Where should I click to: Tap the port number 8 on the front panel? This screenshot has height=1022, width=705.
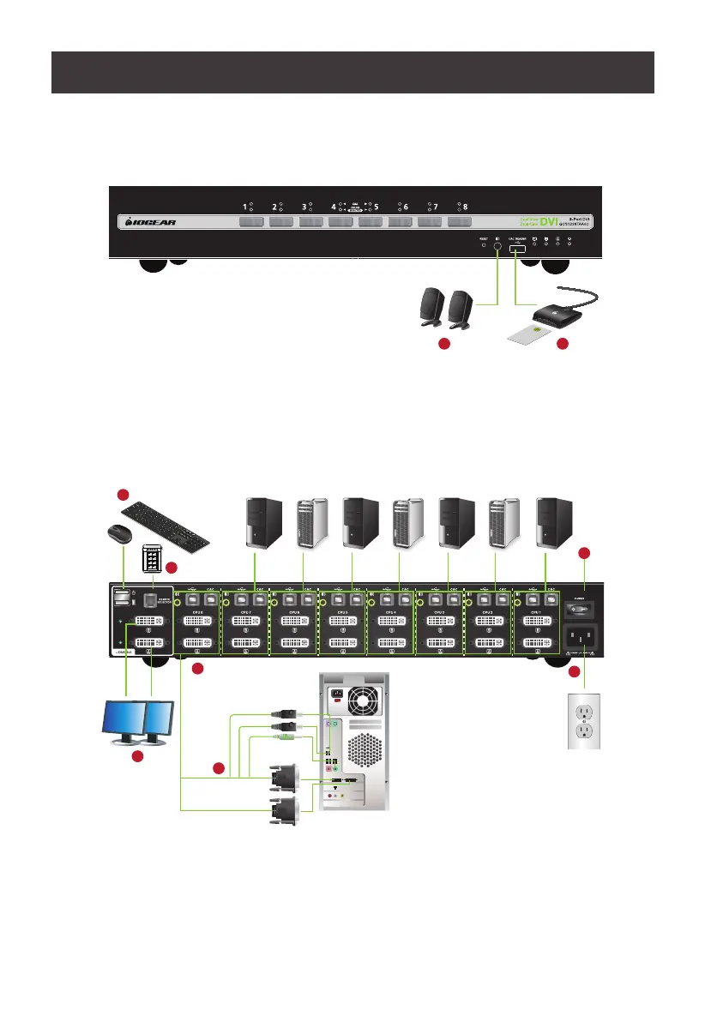pos(466,207)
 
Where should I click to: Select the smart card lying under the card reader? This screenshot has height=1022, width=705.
pos(532,329)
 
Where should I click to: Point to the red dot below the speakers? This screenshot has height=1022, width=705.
pos(443,345)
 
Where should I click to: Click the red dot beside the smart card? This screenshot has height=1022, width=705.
pos(562,345)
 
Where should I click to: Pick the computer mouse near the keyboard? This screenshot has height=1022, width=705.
pos(118,536)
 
